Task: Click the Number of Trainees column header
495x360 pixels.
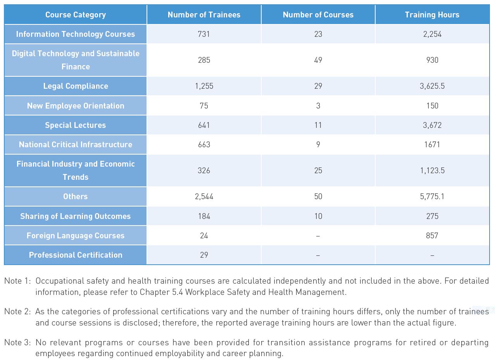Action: tap(204, 15)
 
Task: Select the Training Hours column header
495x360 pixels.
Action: tap(432, 15)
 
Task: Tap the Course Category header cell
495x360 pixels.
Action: tap(76, 15)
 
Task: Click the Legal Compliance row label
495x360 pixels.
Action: tap(76, 86)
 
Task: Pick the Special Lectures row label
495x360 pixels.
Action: tap(76, 125)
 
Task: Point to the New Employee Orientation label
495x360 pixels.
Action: tap(76, 105)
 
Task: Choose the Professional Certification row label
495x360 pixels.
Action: tap(76, 255)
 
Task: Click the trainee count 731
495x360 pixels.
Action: tap(204, 34)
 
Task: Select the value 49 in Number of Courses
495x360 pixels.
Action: tap(318, 60)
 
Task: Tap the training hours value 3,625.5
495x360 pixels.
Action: tap(432, 86)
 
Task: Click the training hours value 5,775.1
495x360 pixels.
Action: tap(432, 196)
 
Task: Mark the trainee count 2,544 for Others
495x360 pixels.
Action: tap(204, 196)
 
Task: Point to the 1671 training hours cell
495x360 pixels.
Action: tap(432, 145)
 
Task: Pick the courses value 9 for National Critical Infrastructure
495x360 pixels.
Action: tap(318, 145)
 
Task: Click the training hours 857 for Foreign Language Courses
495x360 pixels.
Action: tap(432, 236)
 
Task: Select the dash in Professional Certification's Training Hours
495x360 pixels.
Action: tap(432, 255)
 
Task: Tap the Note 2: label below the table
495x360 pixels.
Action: tap(17, 312)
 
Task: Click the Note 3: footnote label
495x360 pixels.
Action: tap(17, 342)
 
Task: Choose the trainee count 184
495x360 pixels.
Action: tap(204, 216)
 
